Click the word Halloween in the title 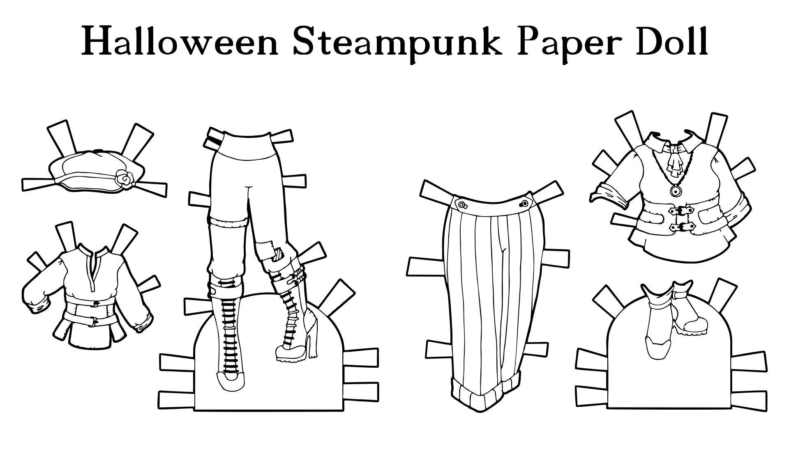pos(180,41)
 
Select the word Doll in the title pos(668,41)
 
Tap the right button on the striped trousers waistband pos(525,204)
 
